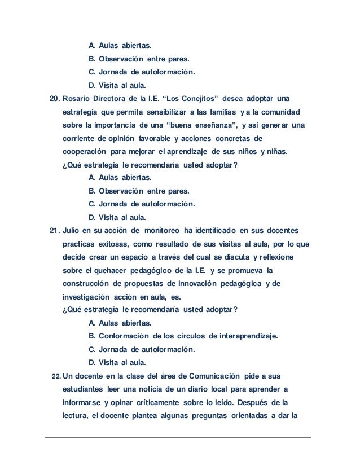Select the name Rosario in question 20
click(x=77, y=99)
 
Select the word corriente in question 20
click(x=78, y=138)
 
